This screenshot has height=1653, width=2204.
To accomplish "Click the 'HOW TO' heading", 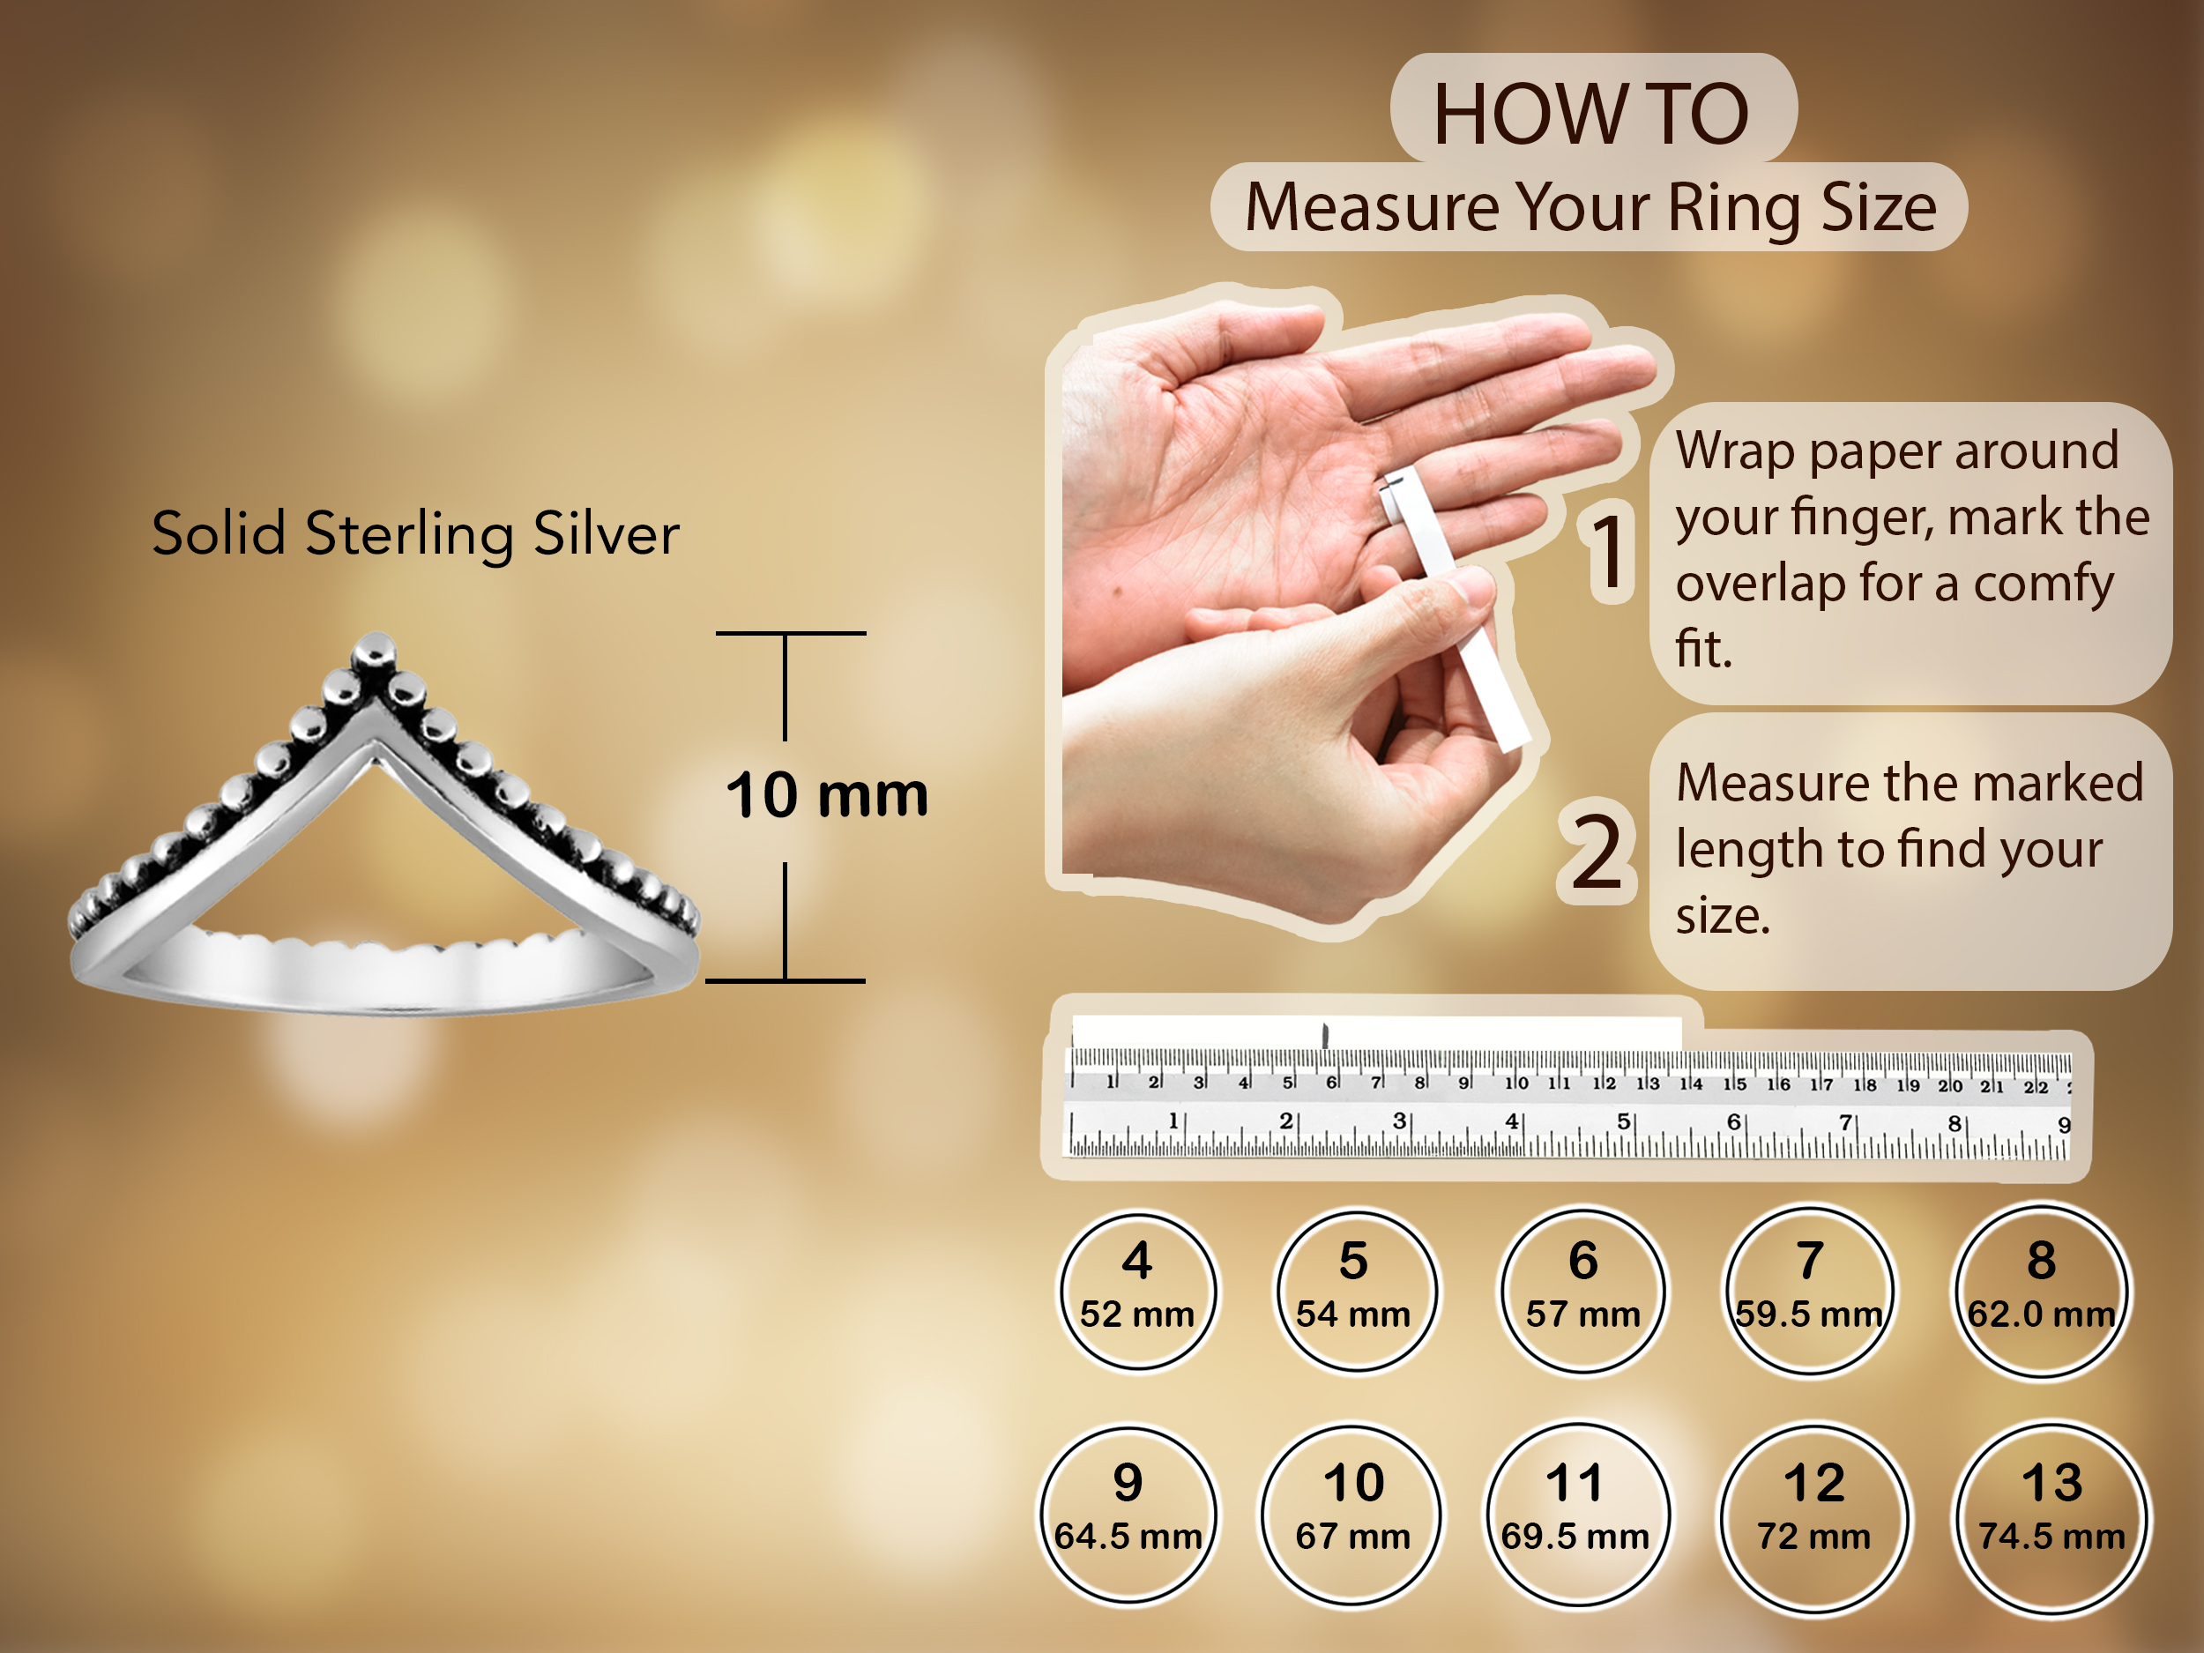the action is pos(1591,114).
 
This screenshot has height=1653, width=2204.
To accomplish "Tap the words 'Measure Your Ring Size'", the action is pos(1590,207).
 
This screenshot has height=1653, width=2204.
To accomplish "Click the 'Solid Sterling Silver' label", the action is pos(415,533).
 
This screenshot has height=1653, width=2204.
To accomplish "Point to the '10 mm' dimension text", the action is pos(827,795).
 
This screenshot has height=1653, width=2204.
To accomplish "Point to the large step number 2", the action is pos(1597,851).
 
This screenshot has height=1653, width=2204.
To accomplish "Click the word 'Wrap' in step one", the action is pos(1736,450).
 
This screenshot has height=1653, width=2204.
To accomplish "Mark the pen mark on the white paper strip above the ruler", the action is pos(1325,1034).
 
